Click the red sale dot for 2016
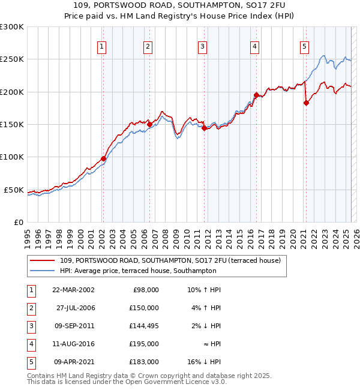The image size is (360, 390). pos(256,95)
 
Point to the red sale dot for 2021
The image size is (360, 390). pos(306,103)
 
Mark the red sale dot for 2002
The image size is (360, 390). pos(103,158)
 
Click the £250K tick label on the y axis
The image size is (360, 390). pos(12,59)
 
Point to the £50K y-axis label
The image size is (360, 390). pos(14,190)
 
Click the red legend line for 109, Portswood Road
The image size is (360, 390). pos(42,260)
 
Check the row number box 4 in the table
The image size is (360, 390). pos(30,344)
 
